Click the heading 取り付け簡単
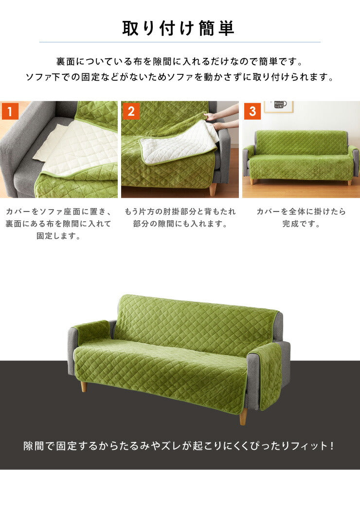coord(179,28)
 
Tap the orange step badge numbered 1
coord(10,111)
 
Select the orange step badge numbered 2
coord(130,111)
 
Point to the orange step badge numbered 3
coord(252,111)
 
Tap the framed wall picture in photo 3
coord(278,106)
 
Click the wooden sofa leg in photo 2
coord(213,189)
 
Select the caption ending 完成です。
coord(301,218)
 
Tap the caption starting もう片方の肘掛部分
coord(180,218)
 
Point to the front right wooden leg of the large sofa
coord(243,416)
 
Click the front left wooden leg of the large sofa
coord(84,387)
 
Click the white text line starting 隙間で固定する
coord(179,446)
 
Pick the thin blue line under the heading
coord(180,42)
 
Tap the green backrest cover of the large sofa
coord(195,321)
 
